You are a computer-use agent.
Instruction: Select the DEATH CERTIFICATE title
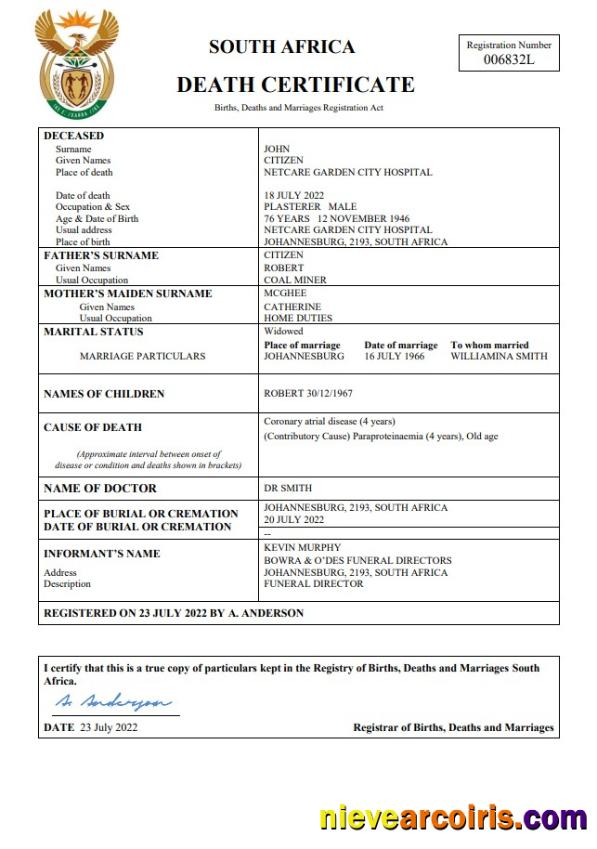(x=295, y=85)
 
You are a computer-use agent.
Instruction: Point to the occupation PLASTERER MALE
(x=310, y=207)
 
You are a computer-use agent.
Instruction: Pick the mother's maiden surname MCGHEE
(x=285, y=294)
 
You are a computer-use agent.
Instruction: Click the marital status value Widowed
(x=283, y=331)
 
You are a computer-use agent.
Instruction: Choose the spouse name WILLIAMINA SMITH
(x=499, y=356)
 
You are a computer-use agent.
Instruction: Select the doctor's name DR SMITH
(x=288, y=488)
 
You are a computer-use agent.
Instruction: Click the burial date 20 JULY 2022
(x=294, y=520)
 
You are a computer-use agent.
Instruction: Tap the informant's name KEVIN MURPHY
(x=302, y=548)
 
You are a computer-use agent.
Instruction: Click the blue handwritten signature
(x=112, y=702)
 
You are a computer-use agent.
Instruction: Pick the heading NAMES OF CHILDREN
(x=104, y=394)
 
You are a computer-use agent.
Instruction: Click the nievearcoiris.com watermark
(x=453, y=816)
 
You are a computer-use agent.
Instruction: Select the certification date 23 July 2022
(x=109, y=727)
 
